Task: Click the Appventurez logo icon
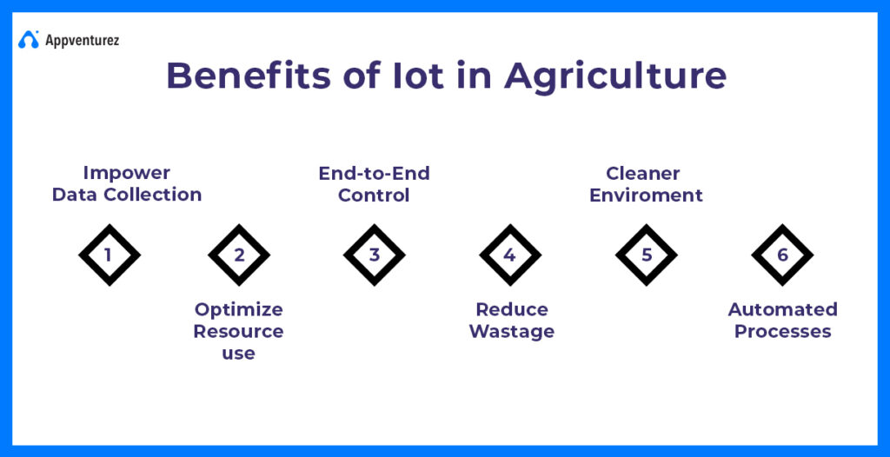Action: (x=29, y=40)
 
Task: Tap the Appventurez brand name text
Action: (x=83, y=41)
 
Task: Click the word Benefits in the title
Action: (x=248, y=76)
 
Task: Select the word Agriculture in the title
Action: (x=614, y=77)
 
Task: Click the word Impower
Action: (x=127, y=174)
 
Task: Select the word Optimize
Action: (x=238, y=310)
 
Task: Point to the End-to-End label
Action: (x=374, y=173)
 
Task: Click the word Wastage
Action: (x=512, y=332)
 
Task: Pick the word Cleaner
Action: (x=643, y=173)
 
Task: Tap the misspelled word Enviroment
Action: (x=646, y=195)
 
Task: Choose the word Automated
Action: (x=783, y=309)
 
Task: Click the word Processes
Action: (x=783, y=332)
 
